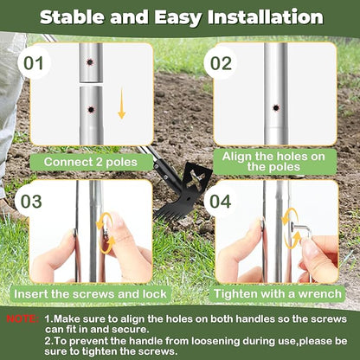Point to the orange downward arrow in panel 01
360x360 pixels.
tap(121, 106)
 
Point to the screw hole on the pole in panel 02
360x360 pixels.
tap(275, 108)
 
